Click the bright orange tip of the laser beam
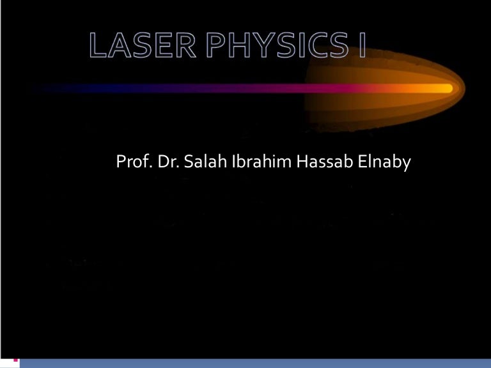click(x=441, y=88)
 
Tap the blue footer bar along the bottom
click(x=256, y=363)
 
